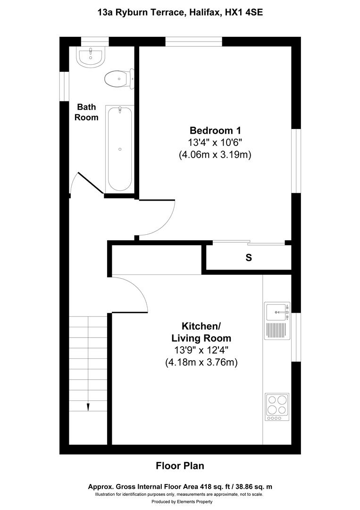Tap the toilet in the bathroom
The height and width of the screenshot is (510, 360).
coord(118,79)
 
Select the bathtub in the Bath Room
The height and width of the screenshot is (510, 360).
coord(119,148)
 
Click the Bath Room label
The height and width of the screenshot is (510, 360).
coord(88,112)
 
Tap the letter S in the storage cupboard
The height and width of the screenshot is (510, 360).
coord(248,258)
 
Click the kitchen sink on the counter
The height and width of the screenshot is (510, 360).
coord(276,312)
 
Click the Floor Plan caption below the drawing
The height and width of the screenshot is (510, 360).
coord(180,466)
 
